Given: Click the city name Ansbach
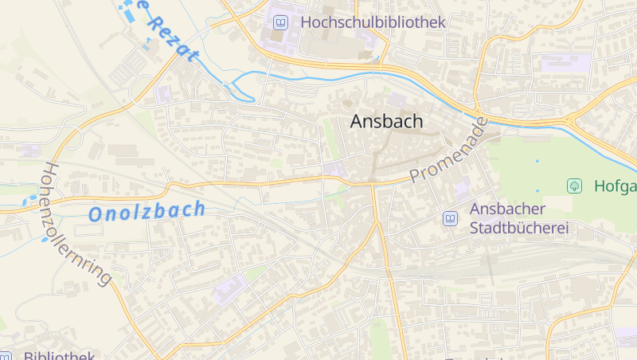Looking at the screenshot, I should click(387, 121).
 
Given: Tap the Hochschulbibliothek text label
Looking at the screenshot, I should click(373, 22).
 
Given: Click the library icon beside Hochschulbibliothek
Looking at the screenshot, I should click(279, 23).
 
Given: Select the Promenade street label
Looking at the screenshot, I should click(448, 151).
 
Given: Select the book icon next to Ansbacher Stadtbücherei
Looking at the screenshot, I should click(450, 218).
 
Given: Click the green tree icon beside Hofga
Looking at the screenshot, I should click(573, 186).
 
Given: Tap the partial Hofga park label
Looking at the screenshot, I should click(616, 186).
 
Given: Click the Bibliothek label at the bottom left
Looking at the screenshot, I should click(60, 355).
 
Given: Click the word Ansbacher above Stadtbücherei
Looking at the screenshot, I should click(507, 209).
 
